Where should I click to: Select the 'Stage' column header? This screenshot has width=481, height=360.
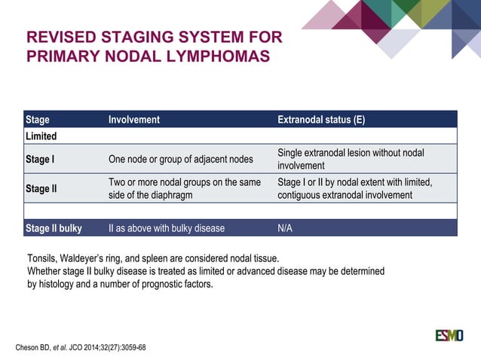38,120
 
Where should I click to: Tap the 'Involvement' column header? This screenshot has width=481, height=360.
134,120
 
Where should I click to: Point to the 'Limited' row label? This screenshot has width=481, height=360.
41,136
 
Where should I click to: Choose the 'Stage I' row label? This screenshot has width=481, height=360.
41,160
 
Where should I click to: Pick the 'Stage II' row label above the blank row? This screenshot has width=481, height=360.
41,188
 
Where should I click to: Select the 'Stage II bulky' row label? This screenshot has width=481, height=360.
54,228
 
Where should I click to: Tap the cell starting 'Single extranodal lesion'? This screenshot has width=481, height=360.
351,159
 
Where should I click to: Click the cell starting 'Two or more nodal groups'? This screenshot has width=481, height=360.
185,188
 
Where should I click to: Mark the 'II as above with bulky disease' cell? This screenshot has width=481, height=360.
167,228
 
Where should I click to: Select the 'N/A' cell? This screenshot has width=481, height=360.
286,228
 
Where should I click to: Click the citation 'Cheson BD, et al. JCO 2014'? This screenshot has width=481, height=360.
81,347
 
